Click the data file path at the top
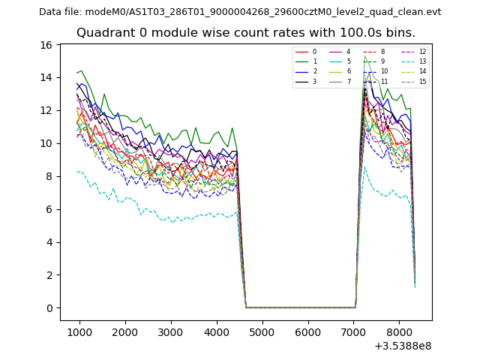[x=240, y=12]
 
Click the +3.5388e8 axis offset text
[x=402, y=346]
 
